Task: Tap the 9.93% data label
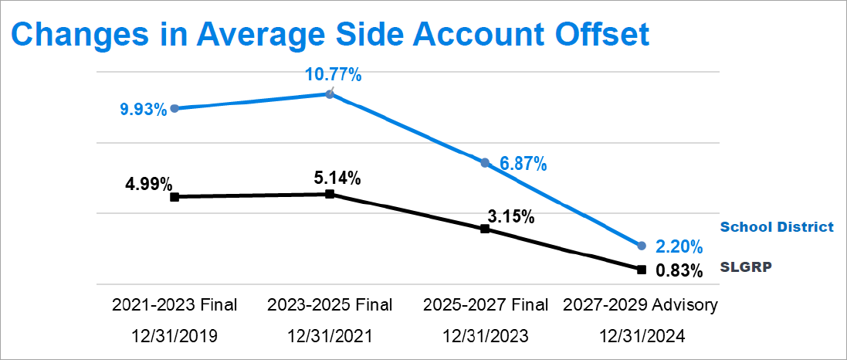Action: [x=143, y=110]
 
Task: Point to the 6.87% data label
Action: [x=523, y=164]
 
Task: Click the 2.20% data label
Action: [x=679, y=247]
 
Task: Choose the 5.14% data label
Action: [x=336, y=178]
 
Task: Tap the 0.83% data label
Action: [x=679, y=271]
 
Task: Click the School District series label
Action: [x=777, y=227]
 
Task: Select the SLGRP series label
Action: [x=747, y=267]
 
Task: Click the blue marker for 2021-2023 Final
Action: [x=174, y=108]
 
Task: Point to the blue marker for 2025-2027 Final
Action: [x=485, y=163]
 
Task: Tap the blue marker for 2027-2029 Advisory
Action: [x=641, y=246]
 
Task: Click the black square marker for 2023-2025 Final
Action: [x=330, y=194]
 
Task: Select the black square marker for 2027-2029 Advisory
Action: [x=641, y=270]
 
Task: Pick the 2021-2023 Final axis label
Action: [x=174, y=304]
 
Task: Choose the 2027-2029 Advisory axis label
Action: [x=641, y=304]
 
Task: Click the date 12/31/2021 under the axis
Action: [x=330, y=336]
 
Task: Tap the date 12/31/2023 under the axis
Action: [x=485, y=336]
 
